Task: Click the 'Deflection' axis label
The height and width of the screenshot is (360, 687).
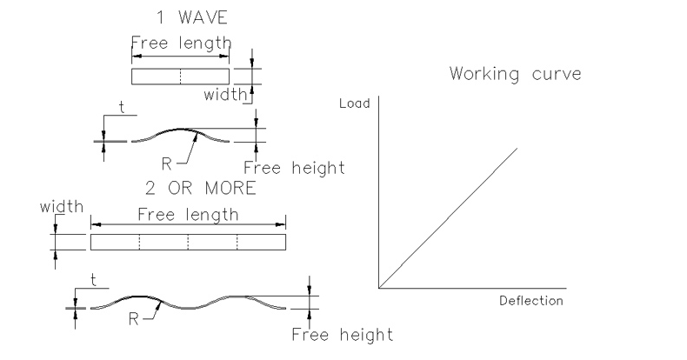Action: pyautogui.click(x=530, y=301)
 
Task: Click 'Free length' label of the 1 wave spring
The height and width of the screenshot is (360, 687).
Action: pyautogui.click(x=181, y=43)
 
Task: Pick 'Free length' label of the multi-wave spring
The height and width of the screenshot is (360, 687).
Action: pyautogui.click(x=189, y=214)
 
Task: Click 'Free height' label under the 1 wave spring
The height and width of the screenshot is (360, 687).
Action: pyautogui.click(x=294, y=168)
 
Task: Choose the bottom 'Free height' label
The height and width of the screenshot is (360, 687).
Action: pyautogui.click(x=342, y=334)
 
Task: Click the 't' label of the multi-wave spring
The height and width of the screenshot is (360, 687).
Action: pyautogui.click(x=93, y=280)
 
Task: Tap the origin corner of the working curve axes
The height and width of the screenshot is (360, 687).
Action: pyautogui.click(x=379, y=286)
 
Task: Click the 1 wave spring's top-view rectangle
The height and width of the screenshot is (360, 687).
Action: pyautogui.click(x=180, y=77)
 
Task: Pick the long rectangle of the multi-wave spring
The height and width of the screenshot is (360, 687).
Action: pyautogui.click(x=189, y=242)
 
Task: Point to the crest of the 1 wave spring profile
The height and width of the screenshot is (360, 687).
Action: pyautogui.click(x=180, y=129)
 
